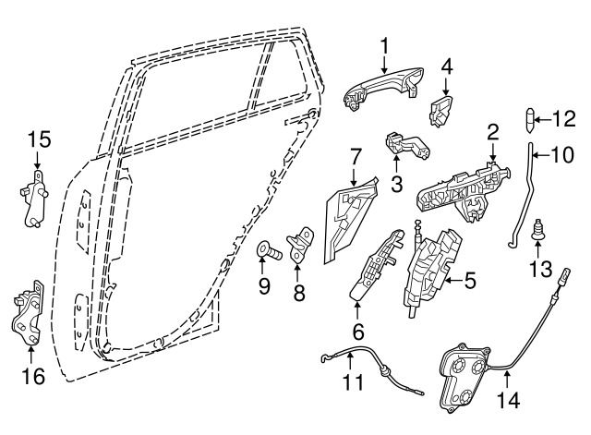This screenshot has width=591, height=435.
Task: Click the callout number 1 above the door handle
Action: (x=384, y=46)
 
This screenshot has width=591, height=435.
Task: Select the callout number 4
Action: (x=447, y=67)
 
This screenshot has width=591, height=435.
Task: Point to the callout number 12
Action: (x=563, y=119)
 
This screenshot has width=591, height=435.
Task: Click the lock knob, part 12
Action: (x=530, y=120)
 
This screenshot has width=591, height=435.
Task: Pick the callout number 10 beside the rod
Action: (x=561, y=154)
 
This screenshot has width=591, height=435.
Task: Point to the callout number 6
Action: (x=358, y=332)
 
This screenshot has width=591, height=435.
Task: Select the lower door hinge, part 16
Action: (x=28, y=312)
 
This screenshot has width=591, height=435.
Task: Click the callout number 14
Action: (x=508, y=400)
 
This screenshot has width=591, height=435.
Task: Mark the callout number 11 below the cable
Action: (x=353, y=381)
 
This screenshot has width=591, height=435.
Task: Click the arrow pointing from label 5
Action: (x=454, y=281)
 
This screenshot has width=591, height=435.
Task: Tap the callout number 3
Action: (x=396, y=184)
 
